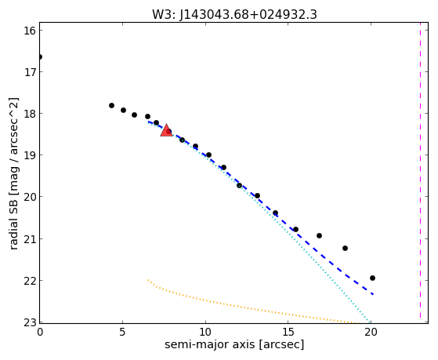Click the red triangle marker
click(166, 130)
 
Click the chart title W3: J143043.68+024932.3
click(234, 14)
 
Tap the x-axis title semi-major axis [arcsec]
click(234, 344)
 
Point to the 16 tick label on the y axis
click(30, 31)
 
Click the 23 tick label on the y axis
click(30, 322)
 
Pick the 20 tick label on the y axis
click(30, 197)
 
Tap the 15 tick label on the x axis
click(288, 332)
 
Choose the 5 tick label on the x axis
click(122, 332)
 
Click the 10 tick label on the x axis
click(205, 332)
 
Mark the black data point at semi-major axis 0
click(40, 57)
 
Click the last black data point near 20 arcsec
click(372, 278)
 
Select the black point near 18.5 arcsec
click(345, 248)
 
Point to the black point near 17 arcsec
click(319, 236)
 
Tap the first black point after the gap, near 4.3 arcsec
click(111, 105)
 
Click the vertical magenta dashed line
click(420, 173)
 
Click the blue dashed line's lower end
click(373, 294)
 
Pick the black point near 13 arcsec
click(257, 196)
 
